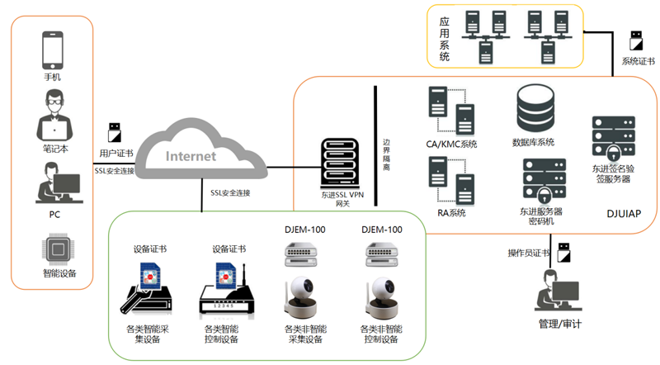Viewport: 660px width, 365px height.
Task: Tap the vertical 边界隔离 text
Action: [386, 154]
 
